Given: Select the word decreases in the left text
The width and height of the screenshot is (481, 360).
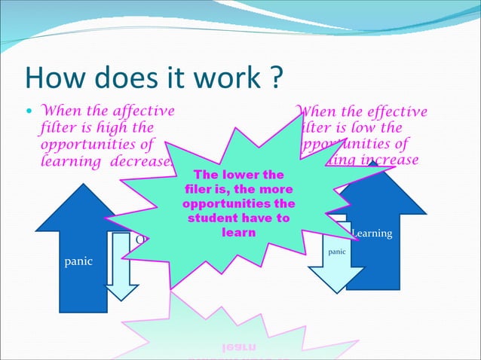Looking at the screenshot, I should point(144,160).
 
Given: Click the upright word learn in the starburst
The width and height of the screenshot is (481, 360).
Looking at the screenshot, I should point(238,233).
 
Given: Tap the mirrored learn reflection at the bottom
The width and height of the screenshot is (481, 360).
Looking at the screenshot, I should point(238,347).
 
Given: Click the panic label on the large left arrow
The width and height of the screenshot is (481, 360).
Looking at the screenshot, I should point(78,261).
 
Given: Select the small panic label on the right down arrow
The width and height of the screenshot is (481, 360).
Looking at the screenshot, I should point(337,252).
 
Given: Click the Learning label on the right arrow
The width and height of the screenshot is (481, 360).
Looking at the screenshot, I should point(372,234).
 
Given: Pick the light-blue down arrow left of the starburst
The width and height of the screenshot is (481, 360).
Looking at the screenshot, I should point(121,271).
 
